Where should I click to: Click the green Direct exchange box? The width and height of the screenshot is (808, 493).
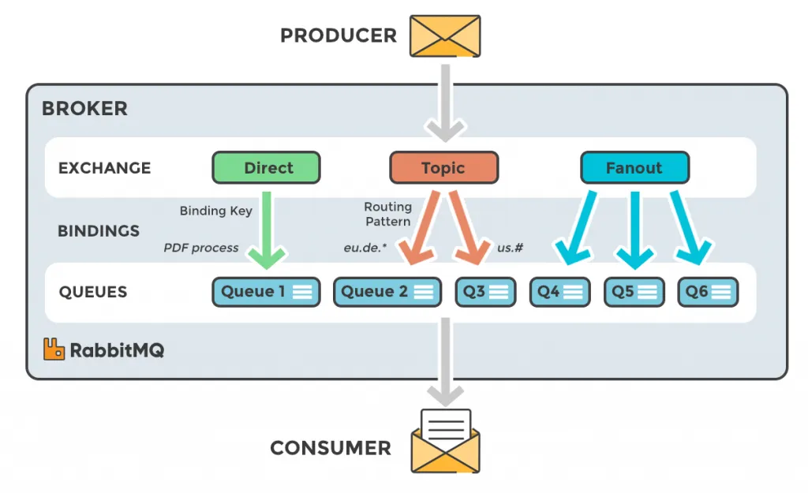[266, 168]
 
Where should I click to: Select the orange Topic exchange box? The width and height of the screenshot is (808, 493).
[443, 168]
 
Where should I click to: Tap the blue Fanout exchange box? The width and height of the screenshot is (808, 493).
[634, 168]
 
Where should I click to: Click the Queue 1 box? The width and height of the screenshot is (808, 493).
[266, 292]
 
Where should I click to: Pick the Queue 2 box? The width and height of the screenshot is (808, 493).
[387, 292]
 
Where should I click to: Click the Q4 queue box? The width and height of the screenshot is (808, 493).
[559, 292]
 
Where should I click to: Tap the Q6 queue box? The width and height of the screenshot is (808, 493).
[708, 292]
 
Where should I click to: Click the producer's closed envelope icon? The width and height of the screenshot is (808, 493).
[445, 36]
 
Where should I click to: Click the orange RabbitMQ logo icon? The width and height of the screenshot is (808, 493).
[54, 349]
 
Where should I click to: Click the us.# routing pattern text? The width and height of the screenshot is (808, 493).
[511, 248]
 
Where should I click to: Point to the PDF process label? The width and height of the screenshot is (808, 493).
[200, 248]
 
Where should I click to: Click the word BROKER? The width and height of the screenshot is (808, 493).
[84, 109]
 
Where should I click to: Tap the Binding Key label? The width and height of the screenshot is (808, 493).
[215, 211]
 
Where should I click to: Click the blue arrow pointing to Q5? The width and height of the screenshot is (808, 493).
[634, 229]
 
